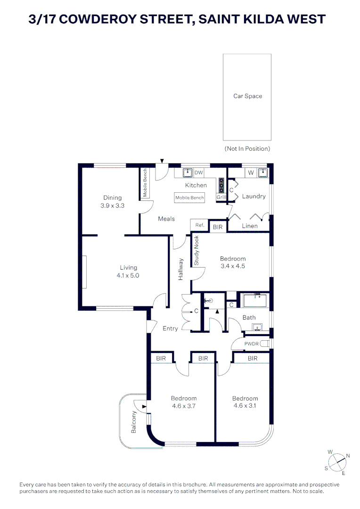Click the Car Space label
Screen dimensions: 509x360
click(247, 96)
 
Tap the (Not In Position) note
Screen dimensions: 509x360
click(247, 148)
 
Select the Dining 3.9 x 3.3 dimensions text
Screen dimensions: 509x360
click(112, 205)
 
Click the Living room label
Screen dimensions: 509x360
click(128, 268)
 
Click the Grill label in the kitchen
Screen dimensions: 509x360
click(221, 197)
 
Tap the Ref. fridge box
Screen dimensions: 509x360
click(199, 225)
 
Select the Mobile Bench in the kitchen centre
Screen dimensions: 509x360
click(189, 197)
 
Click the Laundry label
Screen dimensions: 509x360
click(254, 196)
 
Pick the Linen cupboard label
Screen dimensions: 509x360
click(249, 226)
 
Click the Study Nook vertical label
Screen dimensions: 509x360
click(196, 250)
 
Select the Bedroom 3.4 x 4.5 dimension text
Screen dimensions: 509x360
click(233, 266)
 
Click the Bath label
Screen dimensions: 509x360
click(249, 318)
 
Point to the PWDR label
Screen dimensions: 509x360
click(252, 344)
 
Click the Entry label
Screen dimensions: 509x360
click(170, 328)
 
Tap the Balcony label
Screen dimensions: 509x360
click(134, 422)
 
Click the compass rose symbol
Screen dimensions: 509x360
click(337, 461)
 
